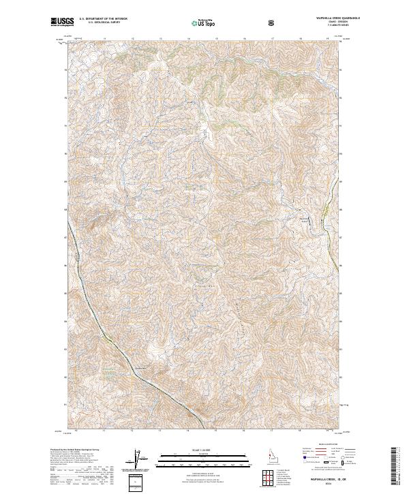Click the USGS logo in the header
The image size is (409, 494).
tap(62, 22)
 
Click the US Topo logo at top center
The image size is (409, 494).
tap(204, 23)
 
